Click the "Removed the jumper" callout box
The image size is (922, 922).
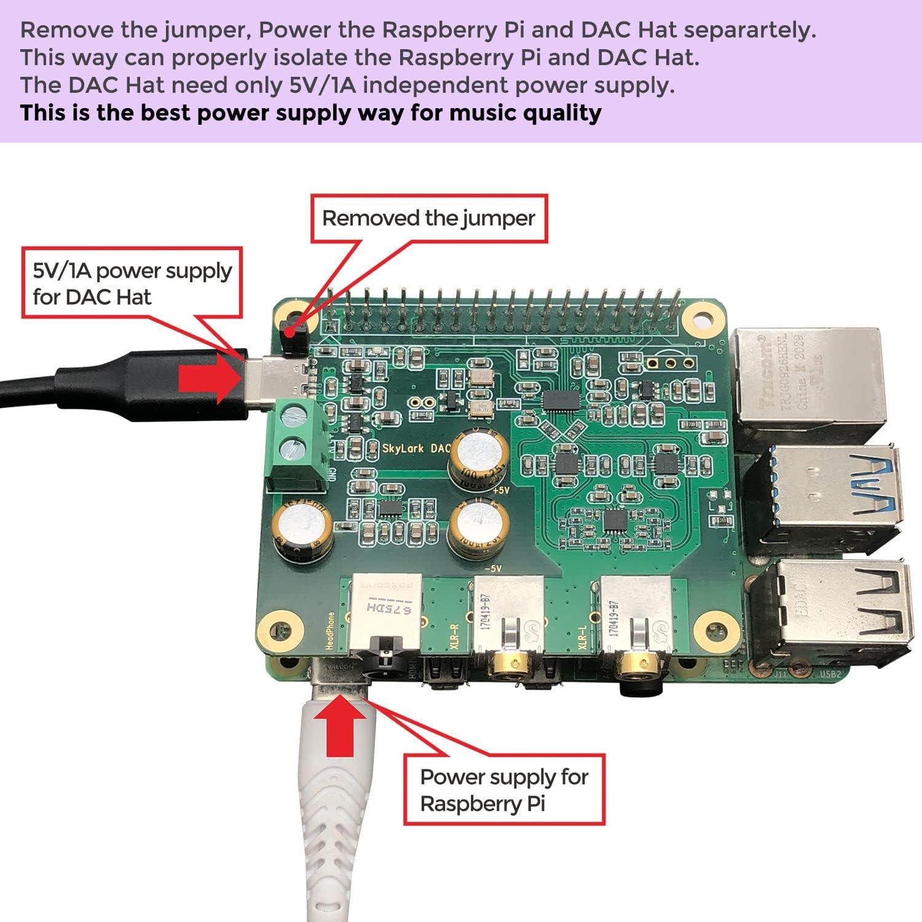429,218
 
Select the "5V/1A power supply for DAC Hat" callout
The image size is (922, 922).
132,283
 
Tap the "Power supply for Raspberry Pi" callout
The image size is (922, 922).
504,790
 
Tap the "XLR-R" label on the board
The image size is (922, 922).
454,636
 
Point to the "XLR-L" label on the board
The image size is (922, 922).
583,636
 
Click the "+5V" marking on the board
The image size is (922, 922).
502,490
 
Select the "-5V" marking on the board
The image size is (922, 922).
493,569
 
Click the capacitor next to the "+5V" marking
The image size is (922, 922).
479,458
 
